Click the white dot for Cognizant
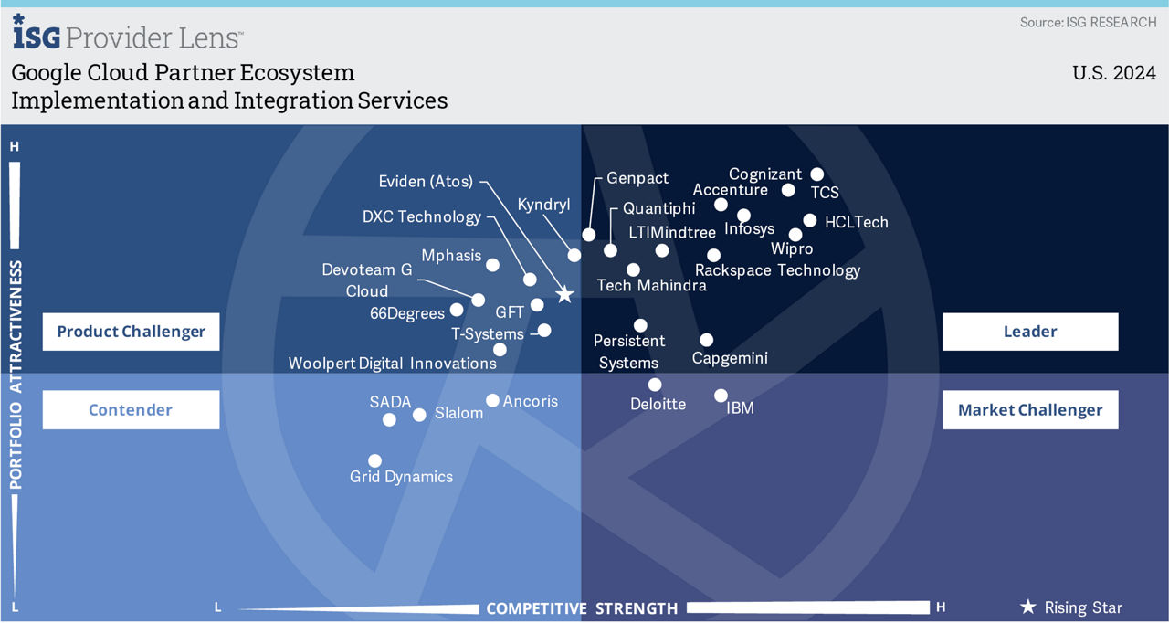[817, 174]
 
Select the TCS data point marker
[789, 190]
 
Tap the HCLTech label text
[856, 222]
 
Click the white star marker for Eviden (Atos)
[564, 294]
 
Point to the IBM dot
[721, 396]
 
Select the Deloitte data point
[655, 385]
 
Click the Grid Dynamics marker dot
[374, 461]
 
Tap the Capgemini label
[730, 358]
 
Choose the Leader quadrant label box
[1029, 332]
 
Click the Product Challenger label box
[131, 332]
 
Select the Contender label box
[131, 410]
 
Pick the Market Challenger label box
[1029, 410]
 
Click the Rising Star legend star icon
[1027, 607]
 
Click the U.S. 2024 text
[1114, 74]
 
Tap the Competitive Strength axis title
[582, 608]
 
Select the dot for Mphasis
[492, 265]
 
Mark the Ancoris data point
[492, 400]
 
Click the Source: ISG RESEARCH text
[1088, 22]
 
